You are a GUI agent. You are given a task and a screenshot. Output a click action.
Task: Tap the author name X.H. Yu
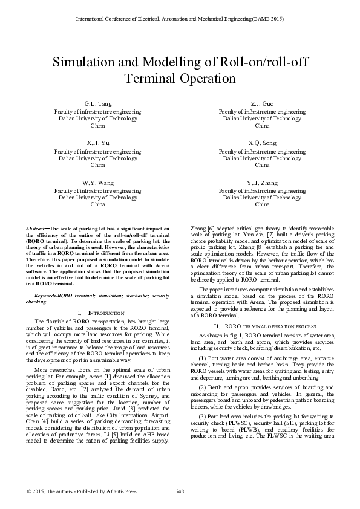pos(97,143)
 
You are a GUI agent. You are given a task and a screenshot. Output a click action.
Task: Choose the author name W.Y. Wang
pos(97,182)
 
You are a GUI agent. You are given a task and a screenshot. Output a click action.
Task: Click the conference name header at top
pos(180,19)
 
